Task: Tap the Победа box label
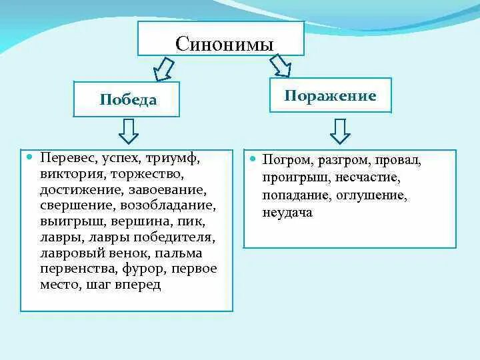129,100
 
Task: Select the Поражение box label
331,95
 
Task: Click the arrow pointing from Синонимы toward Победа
163,68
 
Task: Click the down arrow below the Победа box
128,131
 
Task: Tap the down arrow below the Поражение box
340,131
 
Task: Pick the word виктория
68,175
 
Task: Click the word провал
397,161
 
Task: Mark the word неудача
287,213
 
